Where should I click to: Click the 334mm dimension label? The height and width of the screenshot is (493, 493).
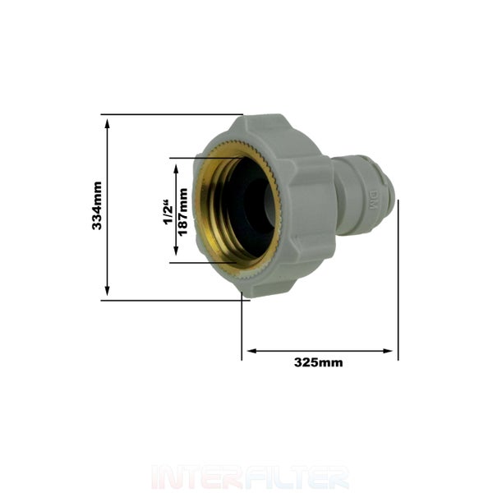coord(97,205)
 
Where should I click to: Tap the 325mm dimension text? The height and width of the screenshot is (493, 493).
coord(319,362)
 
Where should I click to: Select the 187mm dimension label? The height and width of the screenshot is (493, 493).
coord(182,212)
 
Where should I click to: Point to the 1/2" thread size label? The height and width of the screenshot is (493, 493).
coord(168,212)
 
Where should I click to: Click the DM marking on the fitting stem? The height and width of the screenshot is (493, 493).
coord(373,200)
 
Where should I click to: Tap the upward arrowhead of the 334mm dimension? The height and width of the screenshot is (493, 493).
coord(107,123)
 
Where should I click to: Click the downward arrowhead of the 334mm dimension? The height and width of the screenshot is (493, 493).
coord(107,291)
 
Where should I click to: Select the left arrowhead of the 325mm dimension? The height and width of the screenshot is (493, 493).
coord(252,351)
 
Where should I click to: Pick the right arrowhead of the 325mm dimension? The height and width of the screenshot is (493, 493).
coord(388,351)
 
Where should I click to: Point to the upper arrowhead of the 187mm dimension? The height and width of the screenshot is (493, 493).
coord(176,168)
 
